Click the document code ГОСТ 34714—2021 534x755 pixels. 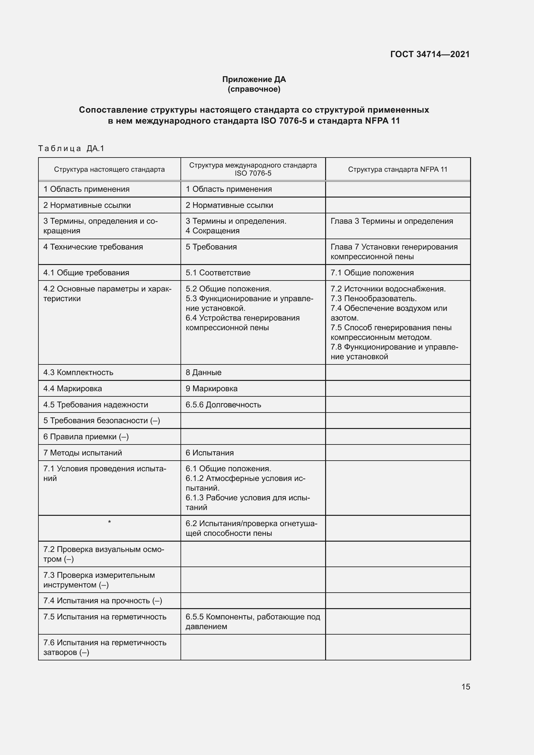[430, 54]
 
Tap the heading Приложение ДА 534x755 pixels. [254, 79]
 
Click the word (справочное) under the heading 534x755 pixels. [254, 89]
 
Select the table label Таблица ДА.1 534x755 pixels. [71, 148]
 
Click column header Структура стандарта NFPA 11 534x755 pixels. [397, 169]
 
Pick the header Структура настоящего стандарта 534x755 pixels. [109, 169]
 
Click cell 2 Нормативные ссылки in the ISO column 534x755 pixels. [229, 205]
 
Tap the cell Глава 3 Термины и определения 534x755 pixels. [392, 221]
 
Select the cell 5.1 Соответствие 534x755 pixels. [218, 273]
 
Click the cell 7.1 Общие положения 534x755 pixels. [372, 273]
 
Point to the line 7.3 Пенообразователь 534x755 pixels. [374, 299]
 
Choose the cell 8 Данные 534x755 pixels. [203, 372]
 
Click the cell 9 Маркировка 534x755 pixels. [211, 388]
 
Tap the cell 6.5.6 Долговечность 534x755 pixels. [223, 404]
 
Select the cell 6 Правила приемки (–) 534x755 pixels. [86, 437]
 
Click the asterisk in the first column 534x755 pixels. [109, 522]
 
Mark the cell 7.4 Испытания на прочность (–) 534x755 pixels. [103, 600]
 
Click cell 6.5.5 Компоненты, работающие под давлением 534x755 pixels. [252, 621]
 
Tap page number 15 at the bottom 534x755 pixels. [466, 687]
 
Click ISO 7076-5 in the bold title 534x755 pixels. [283, 121]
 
